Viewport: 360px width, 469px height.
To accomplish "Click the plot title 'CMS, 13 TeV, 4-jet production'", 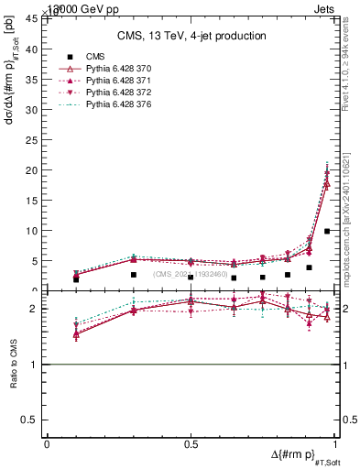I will point(191,37).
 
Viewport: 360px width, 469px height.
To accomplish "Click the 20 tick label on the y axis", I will point(35,170).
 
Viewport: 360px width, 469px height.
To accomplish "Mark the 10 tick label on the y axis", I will point(35,231).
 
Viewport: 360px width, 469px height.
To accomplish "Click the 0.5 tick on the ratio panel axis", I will point(35,420).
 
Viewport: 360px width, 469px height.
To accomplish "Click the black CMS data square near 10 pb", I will point(327,231).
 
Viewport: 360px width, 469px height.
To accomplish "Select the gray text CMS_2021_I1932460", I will point(190,274).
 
